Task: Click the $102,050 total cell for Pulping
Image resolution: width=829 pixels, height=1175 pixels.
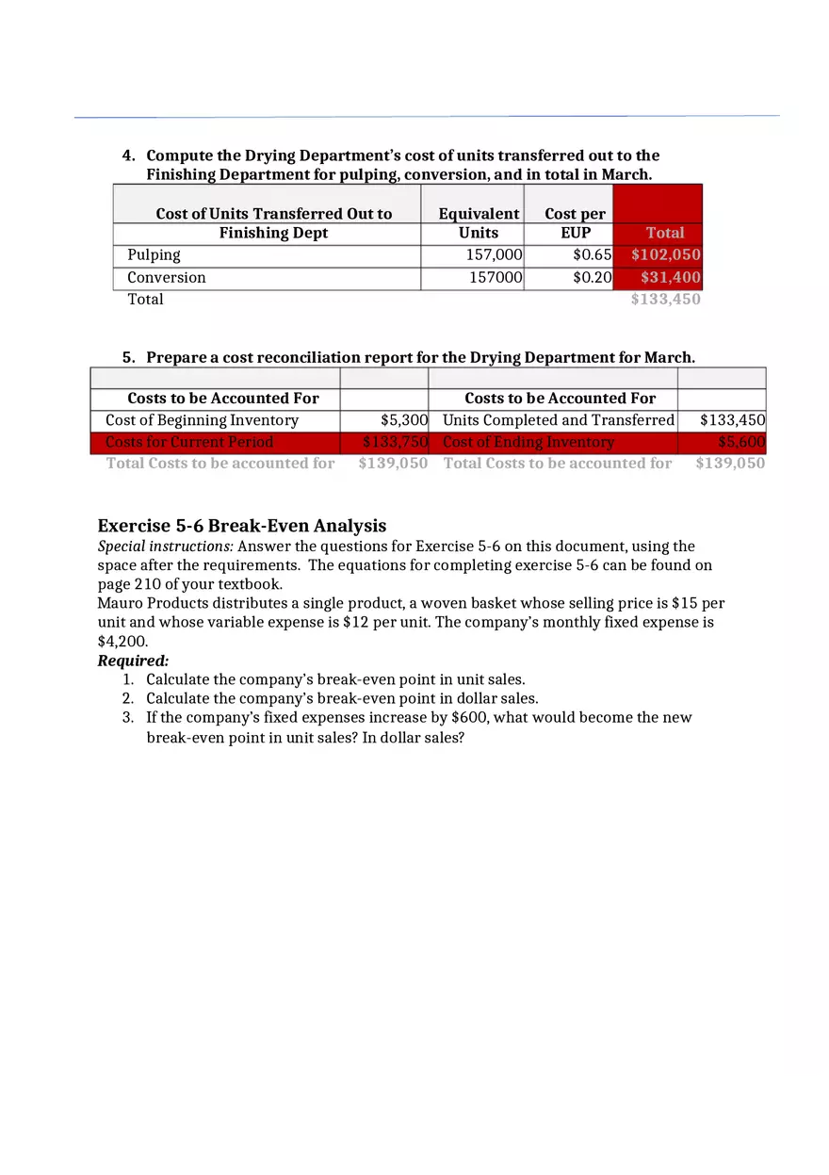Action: (665, 254)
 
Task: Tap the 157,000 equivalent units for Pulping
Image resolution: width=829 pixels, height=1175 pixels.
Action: (494, 254)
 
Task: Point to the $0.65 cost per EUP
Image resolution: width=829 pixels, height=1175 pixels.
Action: (593, 254)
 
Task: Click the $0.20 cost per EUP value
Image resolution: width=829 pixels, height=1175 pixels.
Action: (593, 277)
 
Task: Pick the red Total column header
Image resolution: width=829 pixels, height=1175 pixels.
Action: (665, 233)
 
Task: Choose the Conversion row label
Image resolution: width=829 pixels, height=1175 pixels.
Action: (167, 277)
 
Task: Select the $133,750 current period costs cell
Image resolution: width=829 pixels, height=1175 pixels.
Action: (396, 442)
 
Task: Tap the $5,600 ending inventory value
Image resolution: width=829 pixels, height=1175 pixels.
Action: (741, 442)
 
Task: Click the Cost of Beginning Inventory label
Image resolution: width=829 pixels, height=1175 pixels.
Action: (202, 420)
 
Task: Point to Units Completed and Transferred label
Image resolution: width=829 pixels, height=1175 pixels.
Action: (559, 420)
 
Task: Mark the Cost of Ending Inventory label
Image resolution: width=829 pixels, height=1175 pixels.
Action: (528, 442)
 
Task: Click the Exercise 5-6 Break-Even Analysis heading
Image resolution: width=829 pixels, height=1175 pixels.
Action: (242, 526)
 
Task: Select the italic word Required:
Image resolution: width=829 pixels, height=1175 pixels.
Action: (133, 661)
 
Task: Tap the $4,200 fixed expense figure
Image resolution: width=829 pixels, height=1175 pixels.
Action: (122, 642)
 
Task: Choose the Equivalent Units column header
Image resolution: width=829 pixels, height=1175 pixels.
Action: (479, 223)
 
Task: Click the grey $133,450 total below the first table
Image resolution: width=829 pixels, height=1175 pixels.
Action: (665, 300)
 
